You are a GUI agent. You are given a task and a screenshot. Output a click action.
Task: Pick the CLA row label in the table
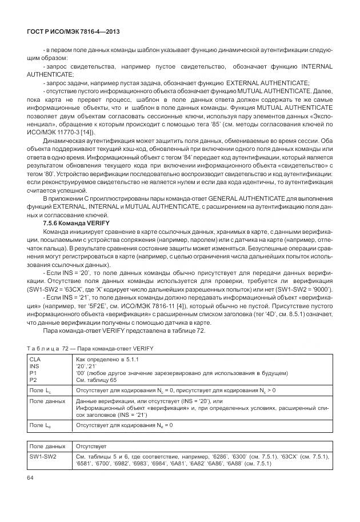35,358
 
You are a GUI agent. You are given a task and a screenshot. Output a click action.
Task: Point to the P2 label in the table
33,379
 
